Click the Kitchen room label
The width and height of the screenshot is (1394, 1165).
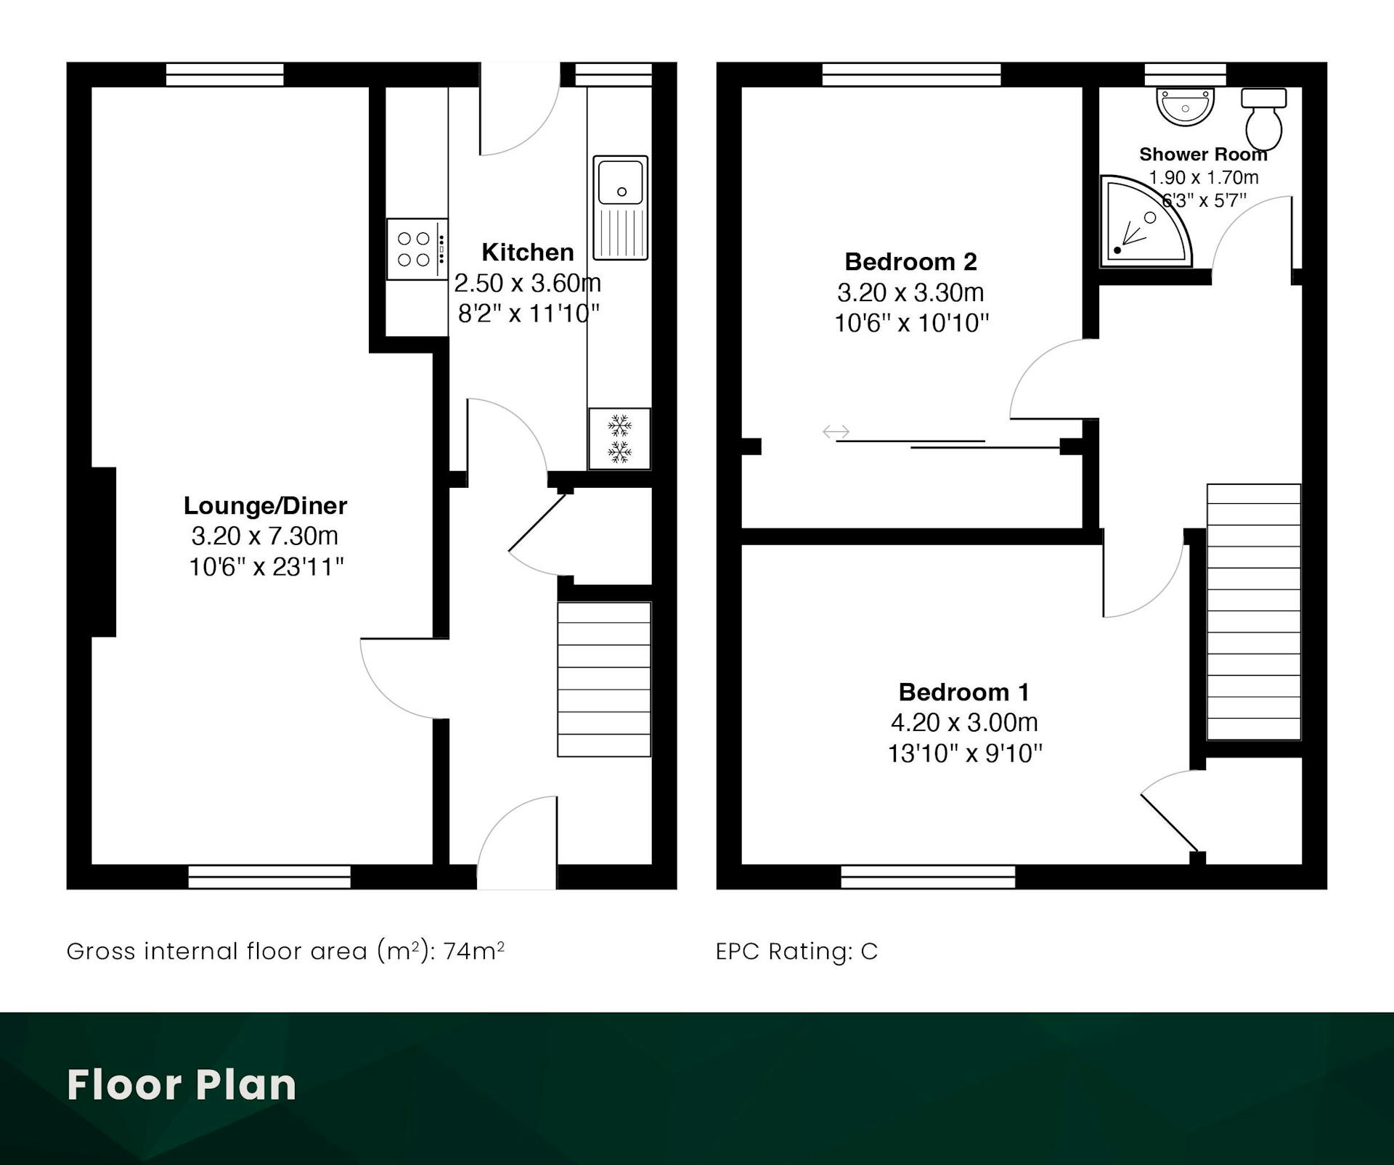click(x=528, y=252)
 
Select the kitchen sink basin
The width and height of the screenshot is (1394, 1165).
click(x=621, y=181)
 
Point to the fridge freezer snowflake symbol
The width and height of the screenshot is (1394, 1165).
click(x=619, y=438)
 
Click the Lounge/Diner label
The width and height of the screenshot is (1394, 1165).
click(x=265, y=505)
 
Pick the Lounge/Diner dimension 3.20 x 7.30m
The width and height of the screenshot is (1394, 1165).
click(x=265, y=536)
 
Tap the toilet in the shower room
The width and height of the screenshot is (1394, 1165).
click(x=1264, y=119)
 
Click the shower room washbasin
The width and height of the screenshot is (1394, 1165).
click(x=1185, y=106)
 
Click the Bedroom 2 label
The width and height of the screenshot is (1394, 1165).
click(x=910, y=261)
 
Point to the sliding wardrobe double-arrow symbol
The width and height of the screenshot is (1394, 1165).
click(x=836, y=432)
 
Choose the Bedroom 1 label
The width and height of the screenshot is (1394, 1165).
click(x=964, y=692)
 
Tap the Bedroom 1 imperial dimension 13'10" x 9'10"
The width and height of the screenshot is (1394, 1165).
click(x=965, y=753)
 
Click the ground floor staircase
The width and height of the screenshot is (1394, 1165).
click(x=604, y=679)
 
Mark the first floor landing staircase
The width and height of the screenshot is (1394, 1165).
click(x=1254, y=612)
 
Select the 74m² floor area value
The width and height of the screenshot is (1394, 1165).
click(x=474, y=950)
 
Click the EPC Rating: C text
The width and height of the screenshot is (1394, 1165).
click(x=796, y=951)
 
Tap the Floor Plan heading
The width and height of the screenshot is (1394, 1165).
click(x=182, y=1085)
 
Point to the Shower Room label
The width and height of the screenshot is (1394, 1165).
click(x=1203, y=154)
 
